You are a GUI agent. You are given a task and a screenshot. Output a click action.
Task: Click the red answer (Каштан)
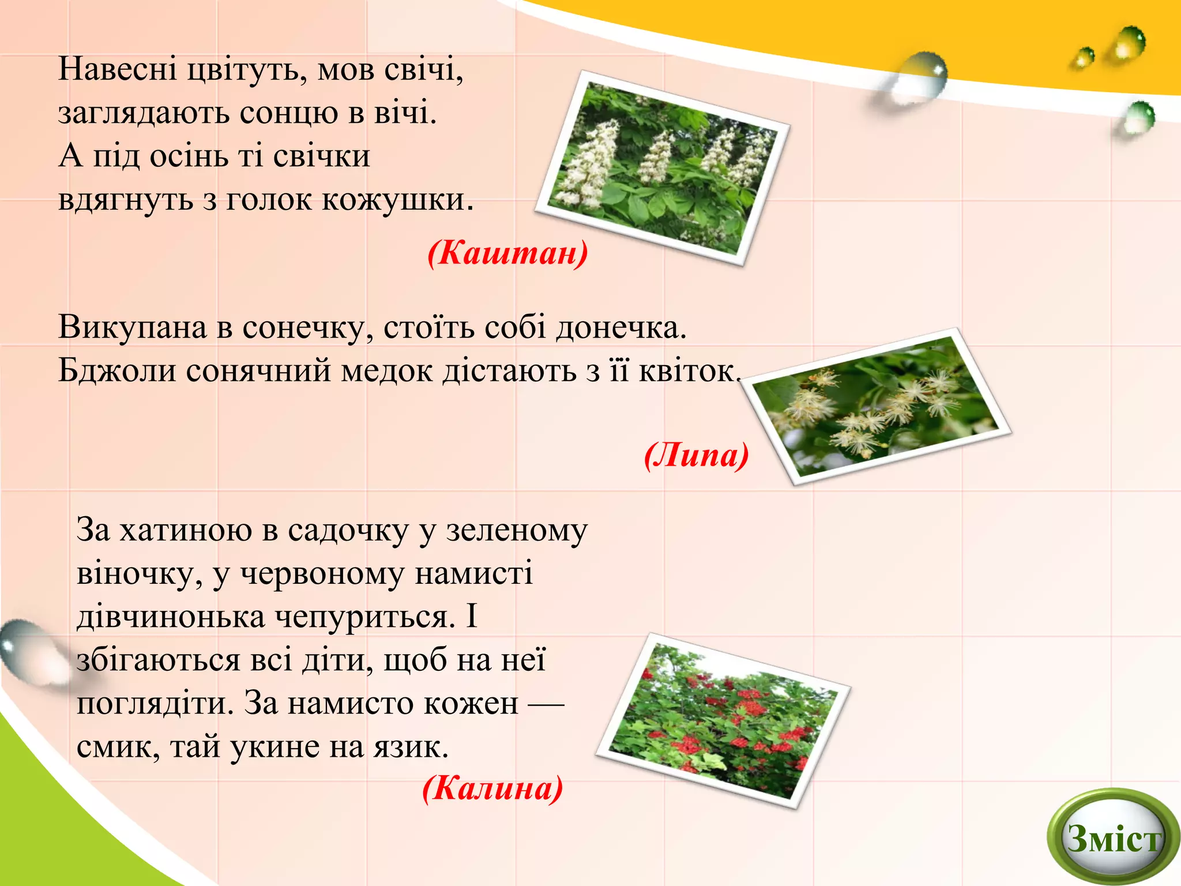(507, 253)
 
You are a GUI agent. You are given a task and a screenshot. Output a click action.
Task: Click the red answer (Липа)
(696, 455)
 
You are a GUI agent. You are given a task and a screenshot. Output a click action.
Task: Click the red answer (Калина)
(492, 787)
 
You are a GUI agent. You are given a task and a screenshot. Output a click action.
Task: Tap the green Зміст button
(1112, 838)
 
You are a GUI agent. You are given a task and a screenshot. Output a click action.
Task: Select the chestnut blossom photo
(662, 168)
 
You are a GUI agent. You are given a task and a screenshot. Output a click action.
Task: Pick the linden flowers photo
(875, 406)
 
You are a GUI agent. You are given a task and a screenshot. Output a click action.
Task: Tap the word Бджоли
(117, 370)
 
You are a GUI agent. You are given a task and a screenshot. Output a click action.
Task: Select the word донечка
(620, 327)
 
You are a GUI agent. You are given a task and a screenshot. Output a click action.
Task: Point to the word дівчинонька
(171, 616)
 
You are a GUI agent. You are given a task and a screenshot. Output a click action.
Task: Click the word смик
(117, 747)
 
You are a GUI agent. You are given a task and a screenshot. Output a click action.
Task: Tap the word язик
(410, 747)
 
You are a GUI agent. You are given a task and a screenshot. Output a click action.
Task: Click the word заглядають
(144, 112)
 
